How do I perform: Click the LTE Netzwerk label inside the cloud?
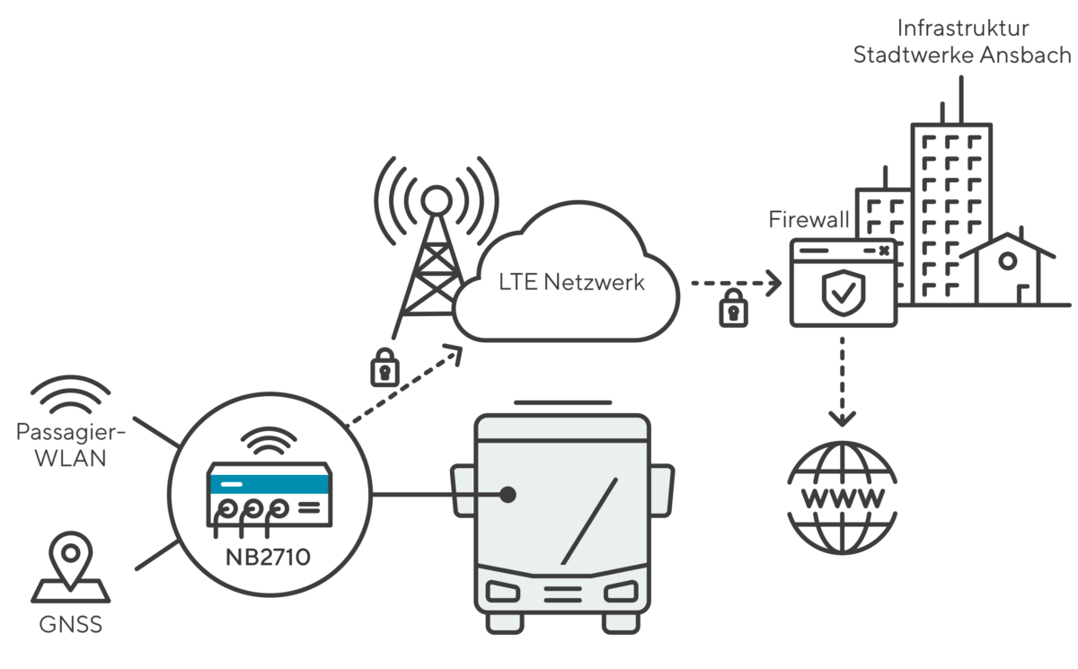(x=572, y=283)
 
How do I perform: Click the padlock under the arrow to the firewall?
(x=734, y=308)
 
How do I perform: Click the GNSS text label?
(x=70, y=624)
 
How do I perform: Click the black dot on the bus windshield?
(x=508, y=494)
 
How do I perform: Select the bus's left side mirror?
(x=463, y=490)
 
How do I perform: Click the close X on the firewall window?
(x=884, y=251)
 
